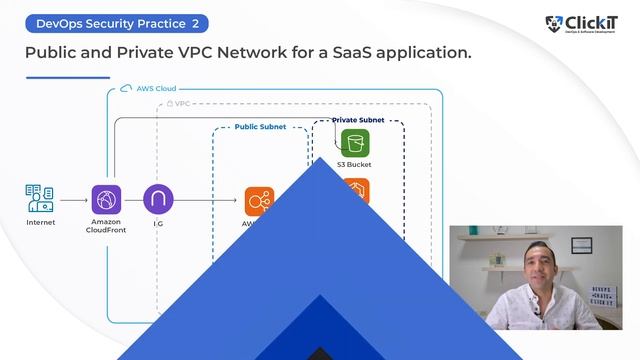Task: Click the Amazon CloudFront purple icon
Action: click(x=105, y=199)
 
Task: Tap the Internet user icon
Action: click(x=40, y=198)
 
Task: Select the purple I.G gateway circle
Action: click(x=158, y=199)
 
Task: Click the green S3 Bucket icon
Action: click(x=354, y=143)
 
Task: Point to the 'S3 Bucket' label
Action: click(x=354, y=164)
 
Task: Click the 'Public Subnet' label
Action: click(x=259, y=127)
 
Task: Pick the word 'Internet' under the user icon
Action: click(x=40, y=222)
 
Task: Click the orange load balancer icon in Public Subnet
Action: click(x=258, y=200)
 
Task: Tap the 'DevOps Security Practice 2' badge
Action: click(x=117, y=22)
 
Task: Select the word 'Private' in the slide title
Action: click(x=151, y=51)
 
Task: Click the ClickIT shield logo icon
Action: click(x=553, y=24)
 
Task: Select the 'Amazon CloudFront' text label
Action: click(x=105, y=226)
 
